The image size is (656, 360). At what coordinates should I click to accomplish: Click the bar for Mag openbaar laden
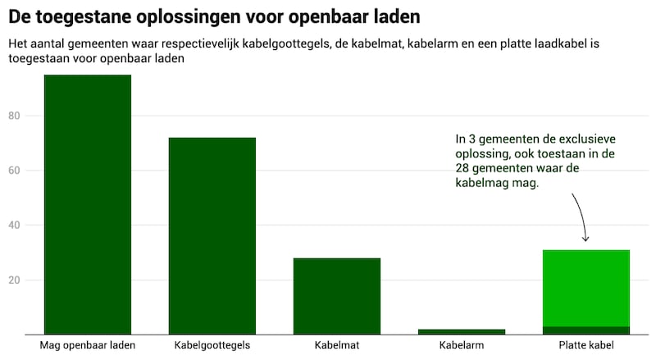pyautogui.click(x=88, y=204)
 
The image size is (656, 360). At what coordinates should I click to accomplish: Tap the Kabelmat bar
pyautogui.click(x=337, y=296)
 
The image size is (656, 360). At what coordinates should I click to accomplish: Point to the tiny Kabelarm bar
pyautogui.click(x=462, y=331)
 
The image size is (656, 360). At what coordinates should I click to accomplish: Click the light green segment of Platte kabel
pyautogui.click(x=586, y=288)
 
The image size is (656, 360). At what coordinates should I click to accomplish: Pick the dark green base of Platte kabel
pyautogui.click(x=586, y=330)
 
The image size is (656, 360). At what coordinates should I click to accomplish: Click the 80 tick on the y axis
pyautogui.click(x=14, y=116)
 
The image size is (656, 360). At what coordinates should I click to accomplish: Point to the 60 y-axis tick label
pyautogui.click(x=14, y=171)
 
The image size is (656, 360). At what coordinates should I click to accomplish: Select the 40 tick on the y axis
pyautogui.click(x=14, y=226)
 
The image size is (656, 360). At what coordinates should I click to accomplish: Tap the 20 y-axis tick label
pyautogui.click(x=14, y=280)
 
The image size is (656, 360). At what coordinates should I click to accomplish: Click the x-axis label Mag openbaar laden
pyautogui.click(x=88, y=345)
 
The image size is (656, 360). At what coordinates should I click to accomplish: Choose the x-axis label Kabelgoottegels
pyautogui.click(x=212, y=345)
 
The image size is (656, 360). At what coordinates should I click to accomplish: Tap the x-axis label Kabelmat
pyautogui.click(x=337, y=345)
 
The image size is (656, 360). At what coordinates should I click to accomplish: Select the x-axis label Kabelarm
pyautogui.click(x=462, y=345)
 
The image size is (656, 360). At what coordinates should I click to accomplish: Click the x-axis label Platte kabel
pyautogui.click(x=586, y=345)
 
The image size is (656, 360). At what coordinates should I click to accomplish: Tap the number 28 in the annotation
pyautogui.click(x=466, y=168)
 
